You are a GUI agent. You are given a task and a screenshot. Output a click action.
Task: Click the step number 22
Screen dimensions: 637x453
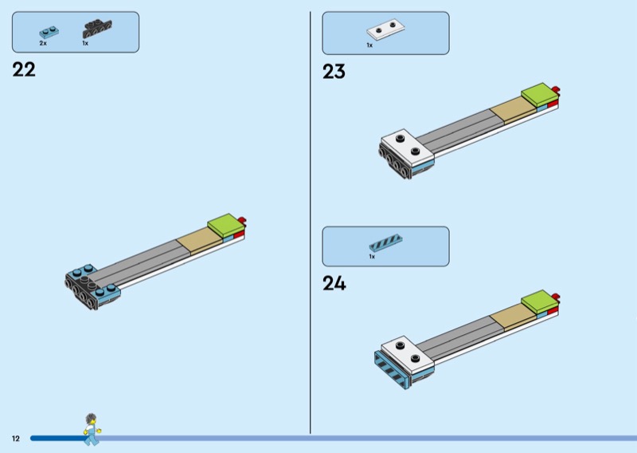coord(24,69)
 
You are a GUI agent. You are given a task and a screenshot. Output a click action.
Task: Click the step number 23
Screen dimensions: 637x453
coord(334,72)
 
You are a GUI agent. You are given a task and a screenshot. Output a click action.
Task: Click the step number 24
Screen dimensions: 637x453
coord(334,283)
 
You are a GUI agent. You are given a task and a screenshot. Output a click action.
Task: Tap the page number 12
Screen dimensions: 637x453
coord(16,439)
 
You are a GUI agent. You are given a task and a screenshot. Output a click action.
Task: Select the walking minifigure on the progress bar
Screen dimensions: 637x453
coord(92,429)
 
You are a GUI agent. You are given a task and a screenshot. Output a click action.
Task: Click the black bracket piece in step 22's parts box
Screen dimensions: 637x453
coord(97,29)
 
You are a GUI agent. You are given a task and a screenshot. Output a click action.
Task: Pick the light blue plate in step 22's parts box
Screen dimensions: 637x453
coord(49,32)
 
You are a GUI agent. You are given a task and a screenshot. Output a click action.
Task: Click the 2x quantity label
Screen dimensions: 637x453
coord(43,43)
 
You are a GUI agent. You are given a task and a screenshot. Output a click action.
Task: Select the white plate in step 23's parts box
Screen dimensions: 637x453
coord(385,29)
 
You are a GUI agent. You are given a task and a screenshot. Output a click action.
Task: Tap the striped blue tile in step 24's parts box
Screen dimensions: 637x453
coord(385,243)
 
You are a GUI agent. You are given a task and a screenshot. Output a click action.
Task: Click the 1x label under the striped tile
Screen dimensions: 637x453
coord(372,257)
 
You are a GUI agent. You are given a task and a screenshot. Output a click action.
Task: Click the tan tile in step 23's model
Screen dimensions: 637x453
coord(513,109)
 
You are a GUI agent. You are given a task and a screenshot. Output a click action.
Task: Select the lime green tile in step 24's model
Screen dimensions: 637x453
coord(539,301)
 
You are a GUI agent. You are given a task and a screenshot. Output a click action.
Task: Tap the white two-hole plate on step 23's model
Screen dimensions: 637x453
coord(407,148)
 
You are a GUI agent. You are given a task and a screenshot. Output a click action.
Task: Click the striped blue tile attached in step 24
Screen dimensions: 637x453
coord(391,369)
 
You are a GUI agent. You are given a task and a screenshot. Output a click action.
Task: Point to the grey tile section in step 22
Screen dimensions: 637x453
coord(138,261)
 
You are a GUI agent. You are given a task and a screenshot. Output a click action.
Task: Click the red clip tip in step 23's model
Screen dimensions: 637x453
coord(556,90)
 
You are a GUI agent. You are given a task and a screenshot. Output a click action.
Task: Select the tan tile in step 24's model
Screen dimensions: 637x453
coord(513,317)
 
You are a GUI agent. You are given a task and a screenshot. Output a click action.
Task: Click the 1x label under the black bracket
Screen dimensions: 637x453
coord(85,43)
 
